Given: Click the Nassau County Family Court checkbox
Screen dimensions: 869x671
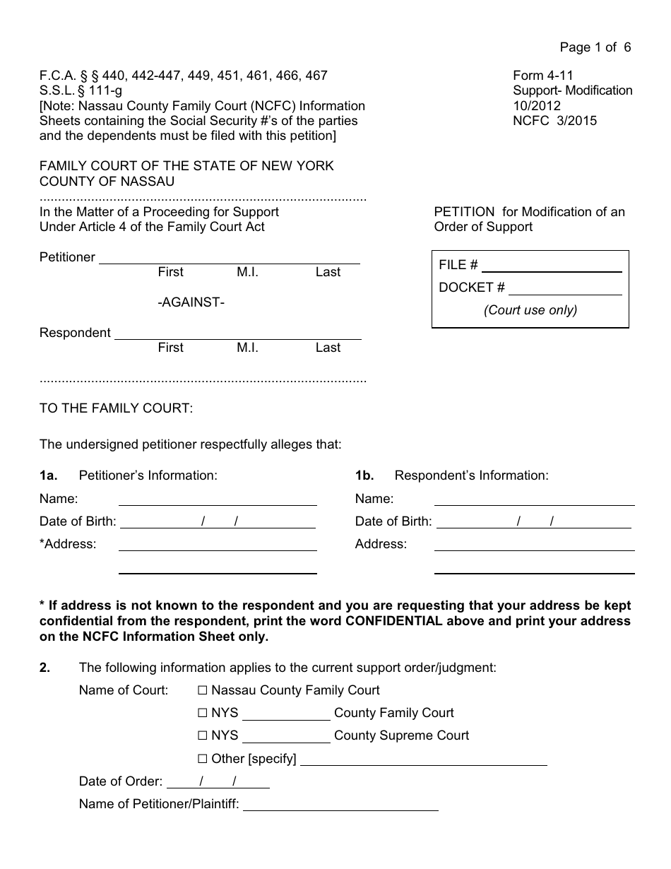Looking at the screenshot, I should pyautogui.click(x=203, y=690).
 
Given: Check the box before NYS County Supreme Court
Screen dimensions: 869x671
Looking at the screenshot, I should pyautogui.click(x=203, y=735).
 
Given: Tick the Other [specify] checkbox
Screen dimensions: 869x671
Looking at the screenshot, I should pyautogui.click(x=203, y=759).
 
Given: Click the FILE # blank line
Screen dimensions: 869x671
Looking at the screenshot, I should pyautogui.click(x=551, y=266).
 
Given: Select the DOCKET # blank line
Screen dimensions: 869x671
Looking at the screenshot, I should pyautogui.click(x=565, y=288).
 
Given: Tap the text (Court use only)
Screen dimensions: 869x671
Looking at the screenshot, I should pyautogui.click(x=530, y=310).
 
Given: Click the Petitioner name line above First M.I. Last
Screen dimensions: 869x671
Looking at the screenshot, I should pyautogui.click(x=229, y=258).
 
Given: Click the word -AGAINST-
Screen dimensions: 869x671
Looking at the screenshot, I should pyautogui.click(x=191, y=302).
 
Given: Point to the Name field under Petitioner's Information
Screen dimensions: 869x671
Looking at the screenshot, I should pyautogui.click(x=218, y=499).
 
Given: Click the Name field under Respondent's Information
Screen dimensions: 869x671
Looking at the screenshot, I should pyautogui.click(x=534, y=499).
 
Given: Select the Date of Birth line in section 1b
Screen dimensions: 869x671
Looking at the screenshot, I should pyautogui.click(x=534, y=522).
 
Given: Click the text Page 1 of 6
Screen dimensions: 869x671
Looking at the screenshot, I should pyautogui.click(x=595, y=47).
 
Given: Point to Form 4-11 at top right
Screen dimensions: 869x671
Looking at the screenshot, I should pyautogui.click(x=543, y=76).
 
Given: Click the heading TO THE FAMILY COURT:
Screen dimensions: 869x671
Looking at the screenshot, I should pyautogui.click(x=116, y=408).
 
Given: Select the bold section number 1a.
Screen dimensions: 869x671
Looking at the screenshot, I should pyautogui.click(x=48, y=475).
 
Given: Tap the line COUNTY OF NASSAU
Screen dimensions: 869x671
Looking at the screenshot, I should pyautogui.click(x=107, y=182).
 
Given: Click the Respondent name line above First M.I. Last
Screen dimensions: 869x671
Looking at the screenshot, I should pyautogui.click(x=237, y=333).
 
